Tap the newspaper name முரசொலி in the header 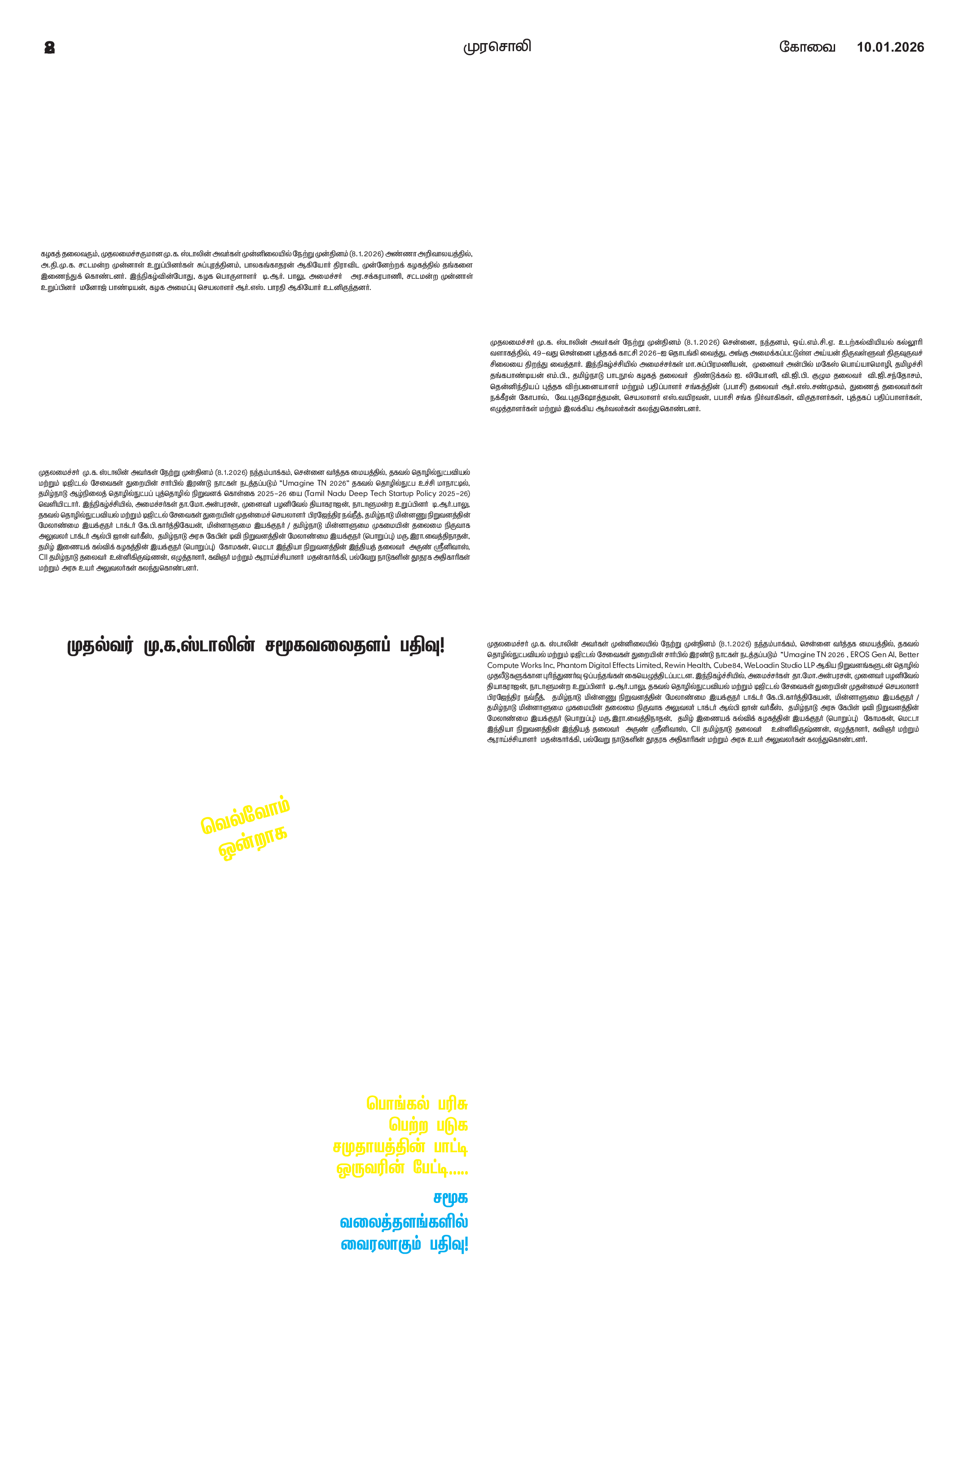pos(497,47)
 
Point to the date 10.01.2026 pos(890,47)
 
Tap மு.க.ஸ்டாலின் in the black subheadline pos(199,645)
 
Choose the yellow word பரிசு pos(452,1104)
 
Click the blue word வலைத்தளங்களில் pos(403,1222)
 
